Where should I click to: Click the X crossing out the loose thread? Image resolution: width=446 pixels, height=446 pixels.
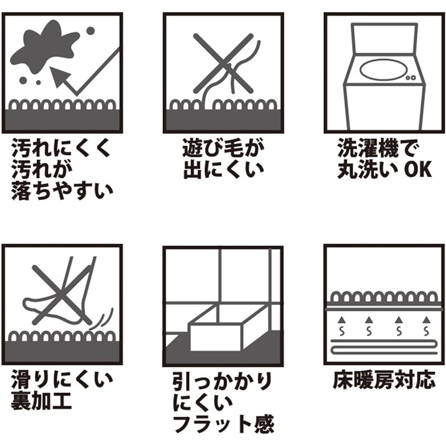point(223,63)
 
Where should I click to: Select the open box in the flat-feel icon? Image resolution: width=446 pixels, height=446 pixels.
point(227,327)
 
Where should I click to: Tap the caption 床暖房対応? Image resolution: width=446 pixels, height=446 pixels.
point(384,380)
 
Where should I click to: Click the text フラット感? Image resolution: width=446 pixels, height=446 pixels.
point(223,424)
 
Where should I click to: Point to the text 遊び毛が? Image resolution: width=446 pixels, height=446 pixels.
point(223,148)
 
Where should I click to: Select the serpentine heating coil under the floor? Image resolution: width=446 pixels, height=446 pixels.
point(384,347)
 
